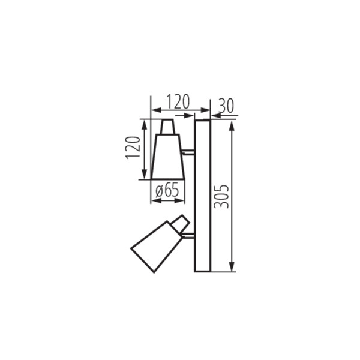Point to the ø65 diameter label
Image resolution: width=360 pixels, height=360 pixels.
pos(167,191)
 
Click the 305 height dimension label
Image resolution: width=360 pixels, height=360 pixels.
pos(222,196)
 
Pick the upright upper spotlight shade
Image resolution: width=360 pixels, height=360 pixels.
pos(167,157)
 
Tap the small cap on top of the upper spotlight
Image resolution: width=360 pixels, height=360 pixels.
pos(168,127)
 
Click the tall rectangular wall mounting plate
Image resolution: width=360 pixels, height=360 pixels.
pos(202,196)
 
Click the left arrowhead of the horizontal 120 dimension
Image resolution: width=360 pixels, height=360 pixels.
pos(154,110)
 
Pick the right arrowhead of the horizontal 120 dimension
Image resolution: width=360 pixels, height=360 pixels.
pos(206,110)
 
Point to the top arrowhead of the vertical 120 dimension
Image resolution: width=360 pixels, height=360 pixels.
pos(143,122)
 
